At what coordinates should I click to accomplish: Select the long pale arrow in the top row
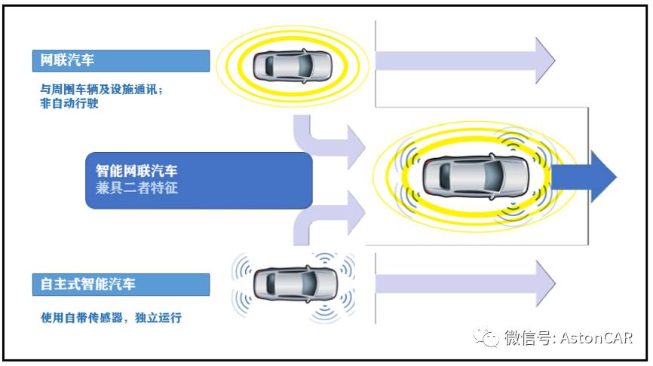pos(464,59)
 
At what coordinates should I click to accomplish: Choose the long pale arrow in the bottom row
pos(464,282)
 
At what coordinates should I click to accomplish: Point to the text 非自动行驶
pos(69,104)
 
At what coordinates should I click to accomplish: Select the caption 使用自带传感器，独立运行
pos(111,318)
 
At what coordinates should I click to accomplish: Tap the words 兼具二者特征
pos(137,188)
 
